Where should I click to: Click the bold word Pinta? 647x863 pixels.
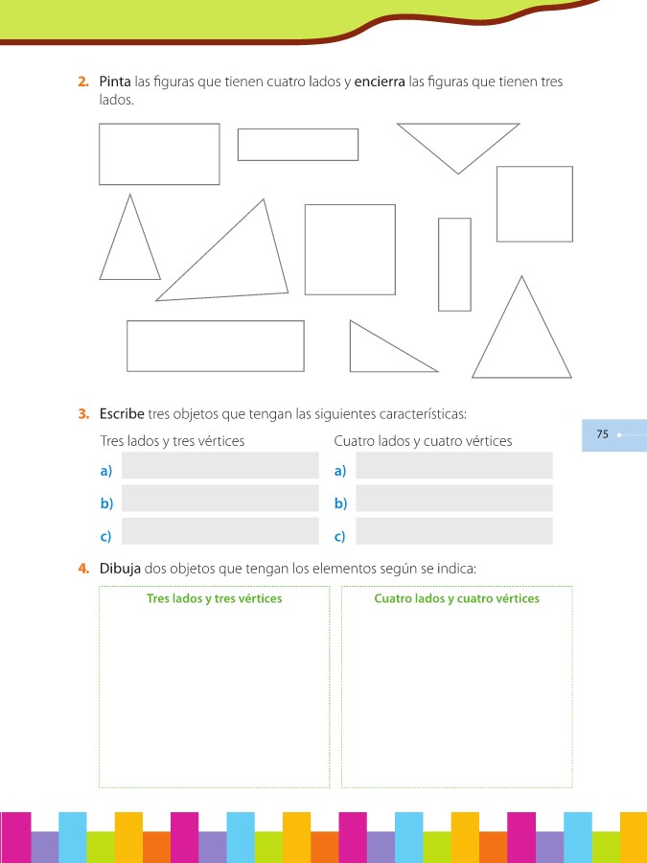coord(115,82)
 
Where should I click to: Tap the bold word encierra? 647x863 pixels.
coord(380,82)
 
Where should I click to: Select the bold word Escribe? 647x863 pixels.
coord(122,413)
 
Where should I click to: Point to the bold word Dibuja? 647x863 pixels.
coord(120,568)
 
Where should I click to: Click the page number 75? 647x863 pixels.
coord(603,434)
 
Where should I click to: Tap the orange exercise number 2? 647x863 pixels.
coord(83,82)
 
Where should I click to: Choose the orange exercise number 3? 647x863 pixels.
coord(83,414)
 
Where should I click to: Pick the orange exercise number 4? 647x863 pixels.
coord(83,568)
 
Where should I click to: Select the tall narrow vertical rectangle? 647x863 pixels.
coord(439,265)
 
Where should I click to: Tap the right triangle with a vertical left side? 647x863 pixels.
coord(351,346)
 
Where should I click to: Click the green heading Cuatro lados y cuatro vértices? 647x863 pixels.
coord(456,598)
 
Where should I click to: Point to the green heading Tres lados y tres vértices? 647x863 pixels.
coord(214,598)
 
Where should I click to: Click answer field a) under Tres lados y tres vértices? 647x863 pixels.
coord(220,465)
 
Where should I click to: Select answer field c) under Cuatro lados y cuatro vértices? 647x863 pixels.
coord(454,530)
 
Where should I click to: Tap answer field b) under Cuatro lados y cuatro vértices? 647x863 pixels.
coord(454,498)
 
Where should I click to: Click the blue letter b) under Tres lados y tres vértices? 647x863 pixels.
coord(106,503)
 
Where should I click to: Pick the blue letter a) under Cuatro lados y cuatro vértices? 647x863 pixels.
coord(340,471)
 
